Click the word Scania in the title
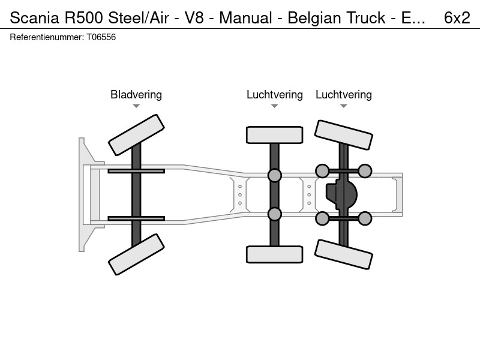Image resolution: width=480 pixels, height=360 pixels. pyautogui.click(x=34, y=18)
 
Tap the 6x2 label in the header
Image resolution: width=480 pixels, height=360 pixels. pyautogui.click(x=457, y=18)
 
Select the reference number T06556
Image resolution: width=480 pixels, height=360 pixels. pyautogui.click(x=101, y=37)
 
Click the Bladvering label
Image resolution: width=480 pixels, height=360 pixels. pyautogui.click(x=136, y=95)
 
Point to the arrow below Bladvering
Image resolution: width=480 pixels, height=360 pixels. pyautogui.click(x=136, y=106)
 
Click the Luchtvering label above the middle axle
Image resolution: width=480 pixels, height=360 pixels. pyautogui.click(x=275, y=95)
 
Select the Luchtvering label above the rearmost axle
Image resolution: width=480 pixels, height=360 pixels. pyautogui.click(x=343, y=95)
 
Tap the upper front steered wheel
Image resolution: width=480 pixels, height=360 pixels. pyautogui.click(x=136, y=135)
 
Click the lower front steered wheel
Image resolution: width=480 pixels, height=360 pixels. pyautogui.click(x=136, y=254)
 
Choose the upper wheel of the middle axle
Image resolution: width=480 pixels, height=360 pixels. pyautogui.click(x=275, y=135)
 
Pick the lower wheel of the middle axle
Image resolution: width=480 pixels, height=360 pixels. pyautogui.click(x=275, y=254)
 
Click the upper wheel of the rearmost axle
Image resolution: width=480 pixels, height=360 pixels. pyautogui.click(x=343, y=135)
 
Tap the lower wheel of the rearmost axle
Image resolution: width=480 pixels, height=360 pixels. pyautogui.click(x=343, y=254)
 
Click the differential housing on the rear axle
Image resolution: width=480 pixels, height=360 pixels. pyautogui.click(x=341, y=194)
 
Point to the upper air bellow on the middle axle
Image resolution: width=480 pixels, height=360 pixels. pyautogui.click(x=275, y=175)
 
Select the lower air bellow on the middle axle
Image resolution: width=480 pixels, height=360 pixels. pyautogui.click(x=275, y=214)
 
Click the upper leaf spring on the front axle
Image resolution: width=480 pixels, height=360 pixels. pyautogui.click(x=136, y=171)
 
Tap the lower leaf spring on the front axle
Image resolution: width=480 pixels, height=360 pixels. pyautogui.click(x=136, y=218)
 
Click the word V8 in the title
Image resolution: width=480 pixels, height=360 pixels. pyautogui.click(x=194, y=18)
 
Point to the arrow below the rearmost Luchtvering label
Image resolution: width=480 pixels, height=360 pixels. pyautogui.click(x=343, y=106)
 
